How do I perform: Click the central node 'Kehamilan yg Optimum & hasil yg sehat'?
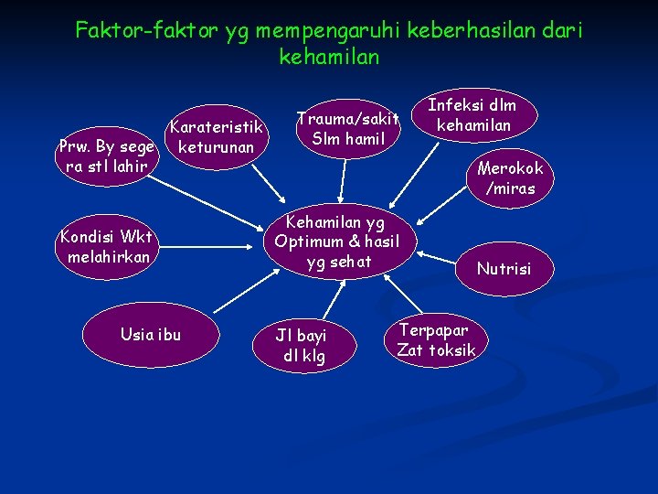337,242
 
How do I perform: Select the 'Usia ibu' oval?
151,335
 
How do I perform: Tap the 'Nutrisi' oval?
503,268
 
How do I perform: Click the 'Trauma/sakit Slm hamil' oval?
348,128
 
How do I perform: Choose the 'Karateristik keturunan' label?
217,135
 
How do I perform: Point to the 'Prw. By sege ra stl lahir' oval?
106,156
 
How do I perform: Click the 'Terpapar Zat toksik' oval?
436,339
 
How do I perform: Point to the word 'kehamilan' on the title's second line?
329,57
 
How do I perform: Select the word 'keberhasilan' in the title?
458,31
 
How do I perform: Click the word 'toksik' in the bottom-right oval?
452,350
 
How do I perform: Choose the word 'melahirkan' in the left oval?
108,257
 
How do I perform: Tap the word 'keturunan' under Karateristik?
217,146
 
